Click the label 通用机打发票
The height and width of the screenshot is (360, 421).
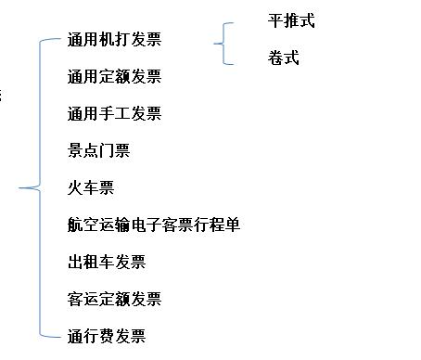pos(114,40)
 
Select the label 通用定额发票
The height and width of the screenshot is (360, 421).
pos(114,77)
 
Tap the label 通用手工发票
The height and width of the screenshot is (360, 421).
pos(114,114)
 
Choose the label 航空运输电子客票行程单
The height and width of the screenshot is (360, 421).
pos(154,225)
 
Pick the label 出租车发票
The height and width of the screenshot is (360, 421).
pos(107,262)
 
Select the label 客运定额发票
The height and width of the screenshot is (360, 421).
pos(114,299)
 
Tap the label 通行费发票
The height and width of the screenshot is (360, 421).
pos(107,336)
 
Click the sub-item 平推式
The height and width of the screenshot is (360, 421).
pos(291,21)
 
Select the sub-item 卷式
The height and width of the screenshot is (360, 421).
pos(283,58)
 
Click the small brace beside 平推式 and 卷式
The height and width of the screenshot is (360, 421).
pos(223,42)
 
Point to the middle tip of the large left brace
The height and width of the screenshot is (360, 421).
pos(22,188)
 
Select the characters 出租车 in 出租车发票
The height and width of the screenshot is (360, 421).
pos(91,262)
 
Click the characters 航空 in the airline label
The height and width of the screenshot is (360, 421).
pos(83,225)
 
